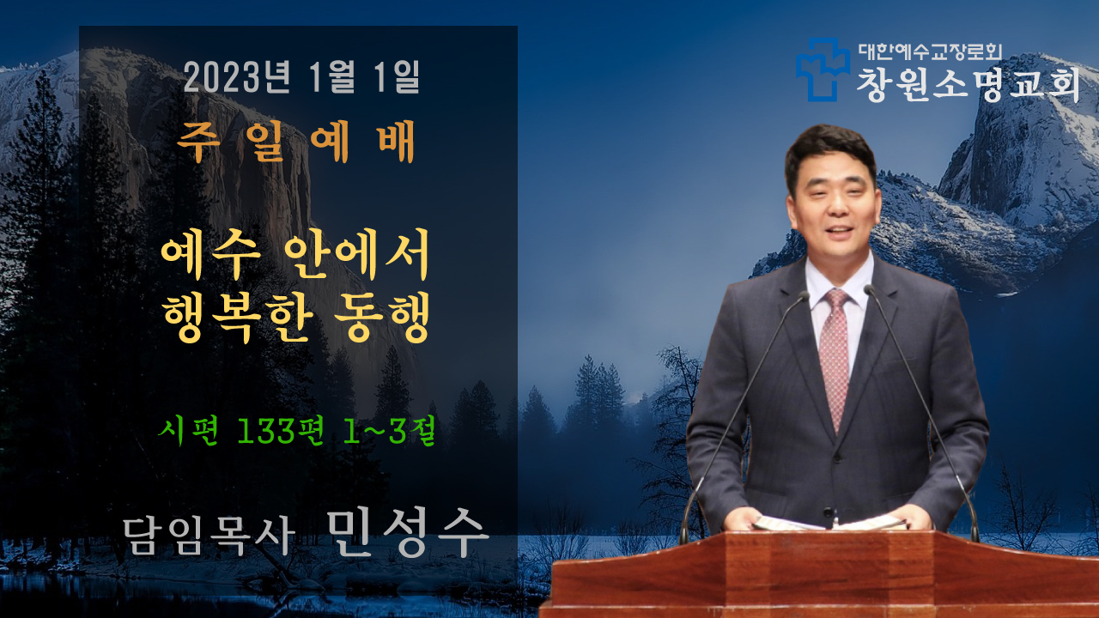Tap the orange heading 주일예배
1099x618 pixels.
click(296, 142)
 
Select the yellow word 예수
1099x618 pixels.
click(211, 256)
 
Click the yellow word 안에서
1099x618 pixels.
click(357, 255)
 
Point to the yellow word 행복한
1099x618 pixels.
click(239, 317)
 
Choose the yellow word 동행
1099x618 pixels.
click(383, 317)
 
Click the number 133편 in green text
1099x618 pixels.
click(281, 432)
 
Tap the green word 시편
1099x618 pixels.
click(188, 432)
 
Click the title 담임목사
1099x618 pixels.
click(209, 536)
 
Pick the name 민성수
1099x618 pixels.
click(408, 532)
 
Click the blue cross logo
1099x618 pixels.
click(823, 70)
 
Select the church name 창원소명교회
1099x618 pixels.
click(968, 84)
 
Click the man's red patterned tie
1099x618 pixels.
click(834, 358)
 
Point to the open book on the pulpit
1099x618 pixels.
click(829, 523)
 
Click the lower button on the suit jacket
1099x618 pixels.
click(829, 512)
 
